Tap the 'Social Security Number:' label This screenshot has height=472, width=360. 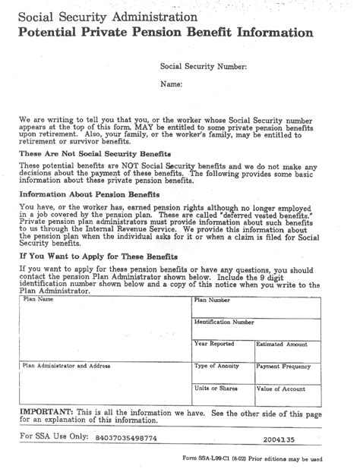pyautogui.click(x=204, y=67)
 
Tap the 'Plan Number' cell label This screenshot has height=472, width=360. pyautogui.click(x=212, y=301)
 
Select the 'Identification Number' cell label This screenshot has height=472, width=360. pyautogui.click(x=224, y=322)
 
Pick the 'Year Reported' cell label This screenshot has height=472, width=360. pyautogui.click(x=214, y=344)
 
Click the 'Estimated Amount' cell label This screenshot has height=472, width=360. pyautogui.click(x=281, y=344)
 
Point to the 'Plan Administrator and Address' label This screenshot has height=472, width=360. pyautogui.click(x=67, y=365)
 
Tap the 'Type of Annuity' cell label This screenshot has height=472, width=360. pyautogui.click(x=217, y=366)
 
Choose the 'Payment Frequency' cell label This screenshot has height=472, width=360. pyautogui.click(x=284, y=366)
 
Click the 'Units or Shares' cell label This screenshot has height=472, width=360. pyautogui.click(x=216, y=388)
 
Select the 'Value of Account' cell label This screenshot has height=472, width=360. pyautogui.click(x=281, y=388)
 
